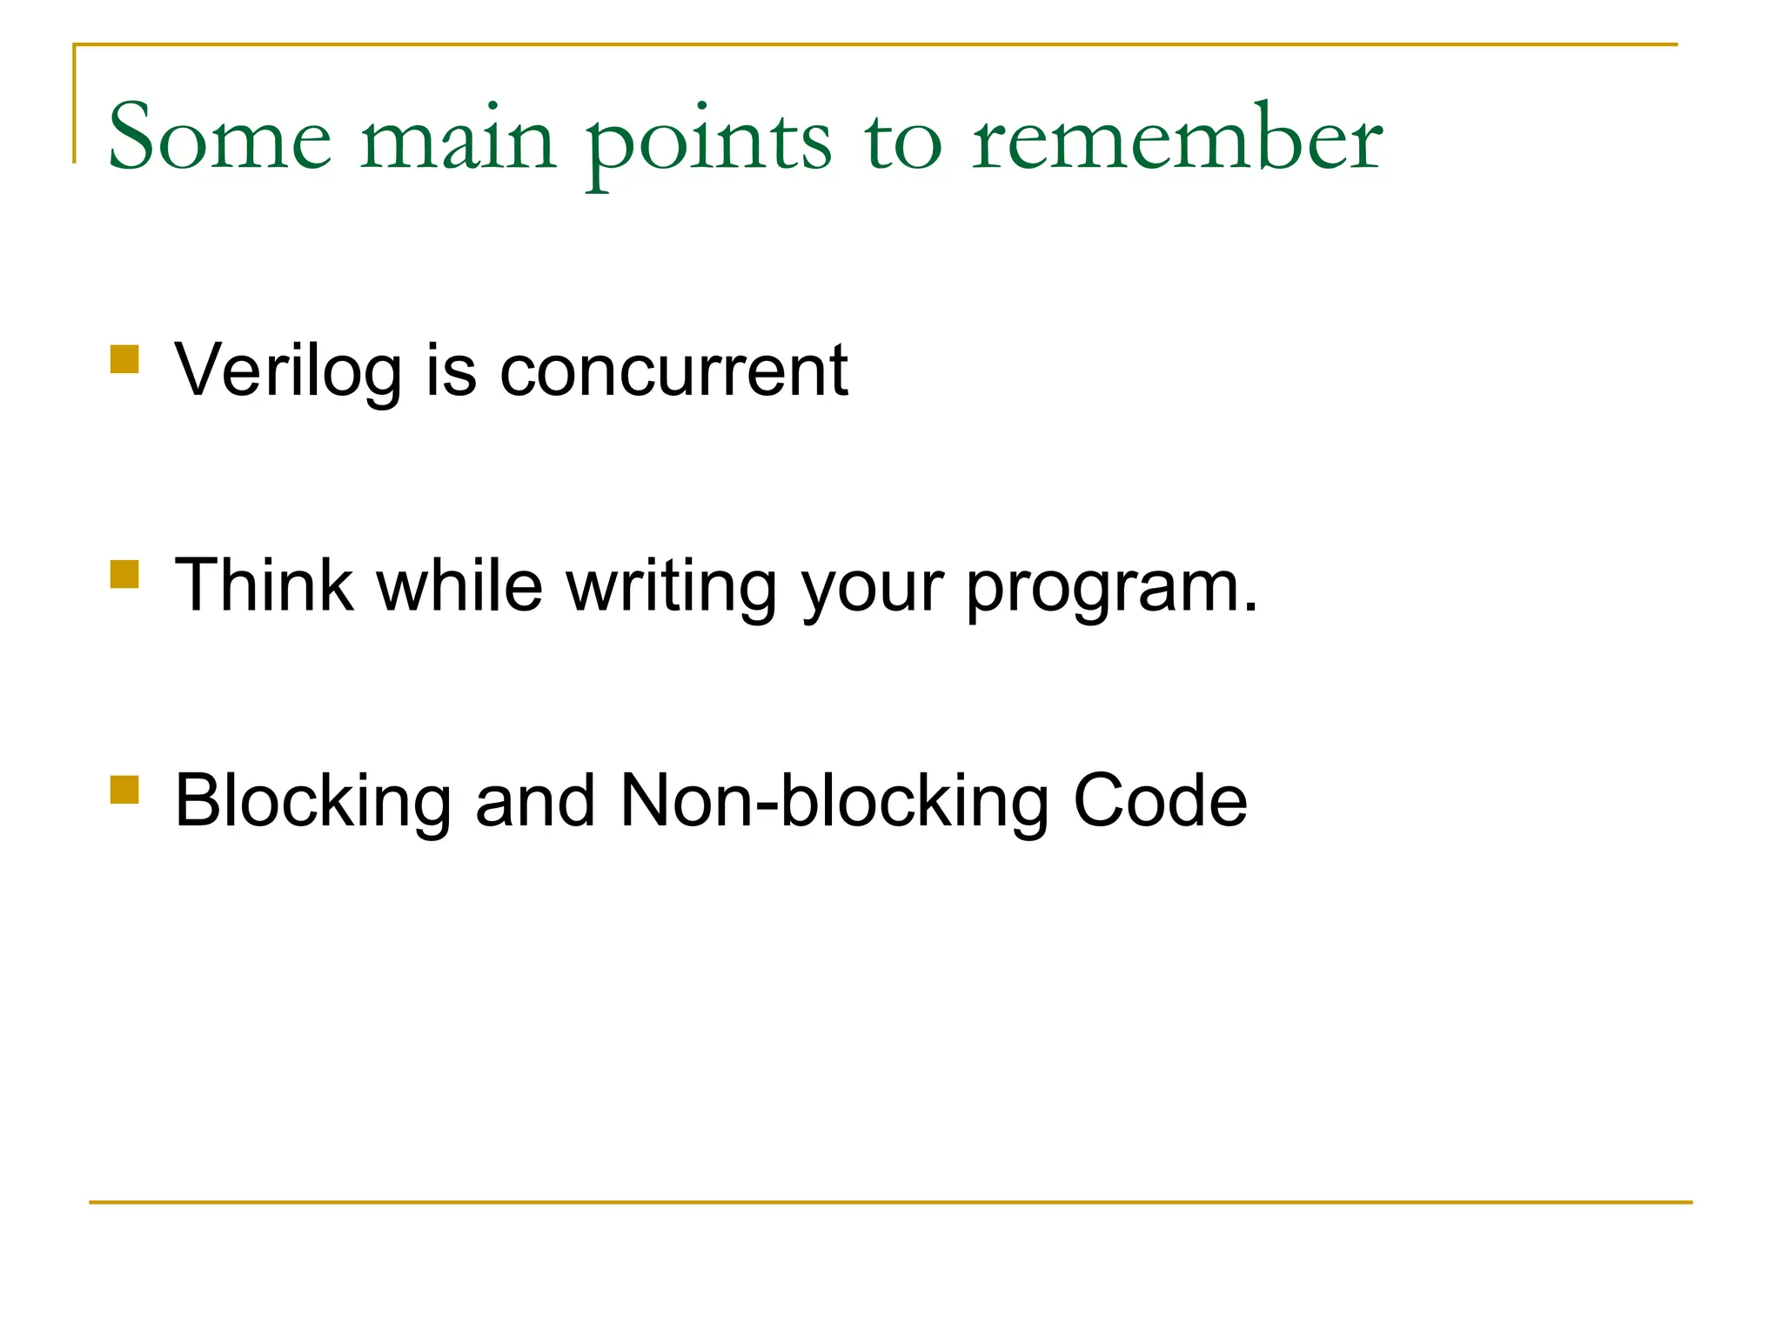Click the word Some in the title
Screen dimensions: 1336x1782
coord(219,137)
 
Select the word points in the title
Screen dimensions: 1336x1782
coord(708,144)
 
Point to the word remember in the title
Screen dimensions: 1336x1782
coord(1176,137)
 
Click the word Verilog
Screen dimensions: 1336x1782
coord(287,371)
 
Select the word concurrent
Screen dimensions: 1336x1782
coord(673,371)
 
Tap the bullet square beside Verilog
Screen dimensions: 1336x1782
coord(125,359)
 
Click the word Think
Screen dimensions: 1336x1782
coord(264,585)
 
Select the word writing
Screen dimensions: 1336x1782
coord(672,589)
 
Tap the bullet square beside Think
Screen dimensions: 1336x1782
coord(125,574)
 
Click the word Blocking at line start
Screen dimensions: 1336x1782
coord(312,801)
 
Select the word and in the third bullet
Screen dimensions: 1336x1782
coord(535,801)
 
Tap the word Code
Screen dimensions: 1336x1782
coord(1160,801)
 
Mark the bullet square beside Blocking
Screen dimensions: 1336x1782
coord(125,789)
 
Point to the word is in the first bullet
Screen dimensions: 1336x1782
coord(451,371)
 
